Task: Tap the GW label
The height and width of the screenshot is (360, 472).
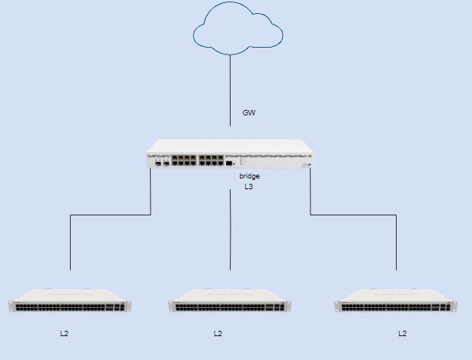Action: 249,112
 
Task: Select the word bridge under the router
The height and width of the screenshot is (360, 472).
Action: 250,176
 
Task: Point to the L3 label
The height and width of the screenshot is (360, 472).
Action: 248,187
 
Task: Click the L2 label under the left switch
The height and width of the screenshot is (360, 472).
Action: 65,334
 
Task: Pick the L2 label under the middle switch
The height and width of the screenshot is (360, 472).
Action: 218,334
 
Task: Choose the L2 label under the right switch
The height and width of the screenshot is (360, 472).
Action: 403,334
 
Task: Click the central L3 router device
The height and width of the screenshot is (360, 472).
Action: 230,153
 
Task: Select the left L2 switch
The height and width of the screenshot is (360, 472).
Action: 70,300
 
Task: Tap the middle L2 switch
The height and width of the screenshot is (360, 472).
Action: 230,300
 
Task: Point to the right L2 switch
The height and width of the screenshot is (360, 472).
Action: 396,300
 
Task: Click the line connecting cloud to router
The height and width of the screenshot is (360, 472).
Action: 231,90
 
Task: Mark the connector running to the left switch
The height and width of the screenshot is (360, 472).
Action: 111,215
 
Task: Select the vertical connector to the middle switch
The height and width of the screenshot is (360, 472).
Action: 231,229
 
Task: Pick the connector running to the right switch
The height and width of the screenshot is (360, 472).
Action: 354,215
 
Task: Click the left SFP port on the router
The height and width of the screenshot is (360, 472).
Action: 158,163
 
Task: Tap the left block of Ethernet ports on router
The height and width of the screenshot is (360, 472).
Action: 184,160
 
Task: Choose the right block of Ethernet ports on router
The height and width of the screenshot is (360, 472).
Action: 211,160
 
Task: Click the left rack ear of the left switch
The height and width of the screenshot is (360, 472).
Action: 12,307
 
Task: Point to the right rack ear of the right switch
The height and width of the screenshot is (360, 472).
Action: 454,307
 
